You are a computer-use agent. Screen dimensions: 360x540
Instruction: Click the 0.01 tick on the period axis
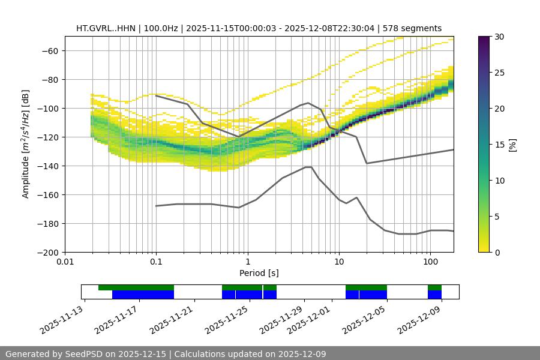point(65,262)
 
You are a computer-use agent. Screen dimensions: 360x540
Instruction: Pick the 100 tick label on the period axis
point(430,262)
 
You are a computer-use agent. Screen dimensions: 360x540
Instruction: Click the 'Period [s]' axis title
point(259,273)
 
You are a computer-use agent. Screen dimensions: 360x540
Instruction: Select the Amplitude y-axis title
point(25,144)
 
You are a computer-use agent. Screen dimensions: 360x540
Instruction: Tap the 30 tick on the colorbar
point(499,37)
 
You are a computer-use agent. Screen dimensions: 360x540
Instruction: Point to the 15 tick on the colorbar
point(499,145)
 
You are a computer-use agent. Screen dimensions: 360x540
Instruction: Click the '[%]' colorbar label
point(512,145)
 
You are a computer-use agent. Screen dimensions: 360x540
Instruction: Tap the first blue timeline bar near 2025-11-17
point(143,295)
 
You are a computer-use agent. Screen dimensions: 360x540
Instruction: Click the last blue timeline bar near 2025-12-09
point(434,295)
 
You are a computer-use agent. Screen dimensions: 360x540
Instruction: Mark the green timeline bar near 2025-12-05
point(366,287)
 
